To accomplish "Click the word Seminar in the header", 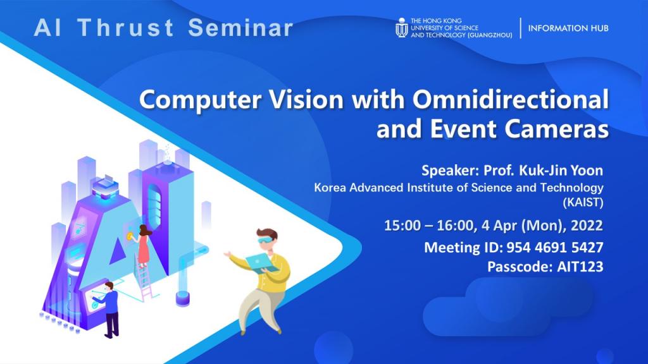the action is point(240,28).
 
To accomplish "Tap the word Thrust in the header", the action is point(126,28).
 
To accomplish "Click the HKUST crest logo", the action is point(401,28).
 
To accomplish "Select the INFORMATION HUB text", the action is point(568,28).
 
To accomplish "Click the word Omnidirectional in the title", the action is point(511,99).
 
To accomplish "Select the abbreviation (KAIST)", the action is point(583,202).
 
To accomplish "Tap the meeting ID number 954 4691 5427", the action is point(554,247).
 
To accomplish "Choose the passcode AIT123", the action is point(580,267).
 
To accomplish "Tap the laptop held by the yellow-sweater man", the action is point(262,263).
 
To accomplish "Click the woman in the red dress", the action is point(142,246).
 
